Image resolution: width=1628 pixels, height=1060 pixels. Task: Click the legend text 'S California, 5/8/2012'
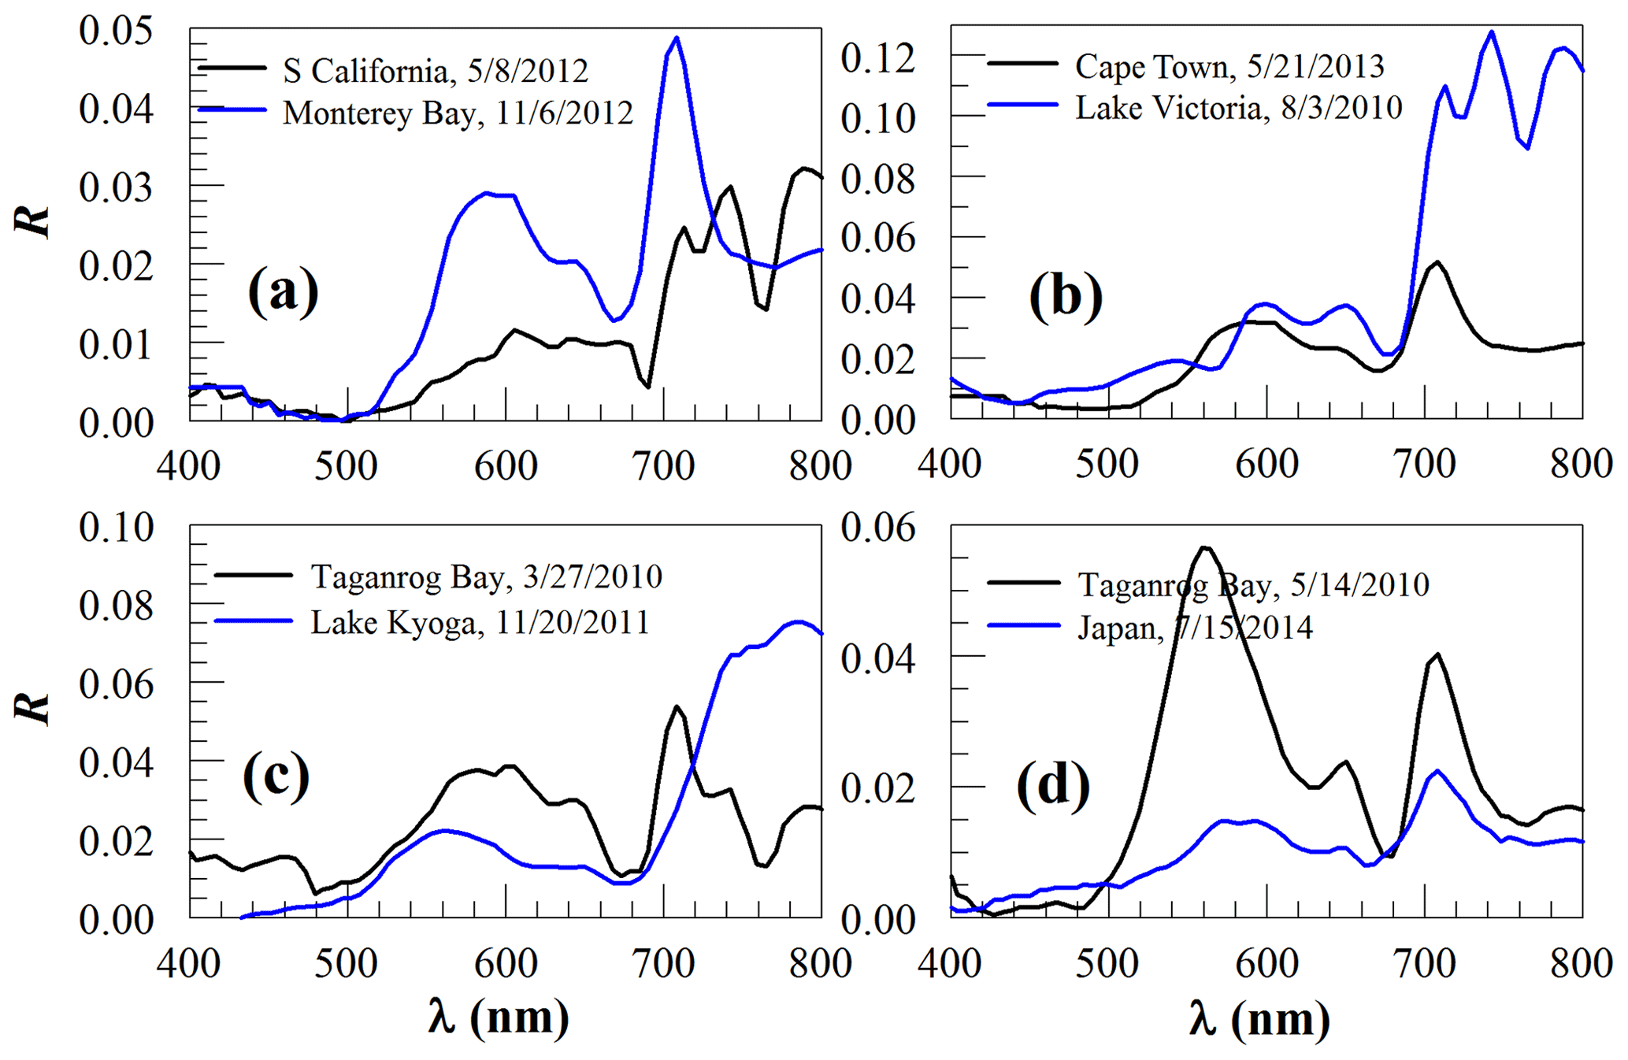(436, 72)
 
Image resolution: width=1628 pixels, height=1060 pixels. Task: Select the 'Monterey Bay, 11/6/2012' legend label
(458, 113)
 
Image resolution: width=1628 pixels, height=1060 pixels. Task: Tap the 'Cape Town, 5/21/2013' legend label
(1229, 67)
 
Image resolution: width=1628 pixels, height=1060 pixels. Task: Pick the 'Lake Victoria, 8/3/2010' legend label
(1239, 108)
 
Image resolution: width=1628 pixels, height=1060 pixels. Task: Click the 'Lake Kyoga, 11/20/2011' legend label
(480, 623)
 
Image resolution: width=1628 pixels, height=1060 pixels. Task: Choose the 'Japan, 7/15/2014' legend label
(1195, 628)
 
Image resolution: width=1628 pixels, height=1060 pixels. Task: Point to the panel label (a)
(283, 291)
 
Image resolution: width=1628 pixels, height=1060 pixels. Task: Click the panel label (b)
(1065, 297)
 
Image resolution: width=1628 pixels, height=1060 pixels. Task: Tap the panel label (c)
(276, 776)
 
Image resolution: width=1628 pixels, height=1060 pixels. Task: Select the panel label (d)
(1053, 787)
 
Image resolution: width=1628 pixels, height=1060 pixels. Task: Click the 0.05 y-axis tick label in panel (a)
(116, 32)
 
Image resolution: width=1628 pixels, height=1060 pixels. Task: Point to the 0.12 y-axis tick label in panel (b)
(878, 58)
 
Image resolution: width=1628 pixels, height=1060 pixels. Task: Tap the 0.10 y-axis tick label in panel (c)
(116, 528)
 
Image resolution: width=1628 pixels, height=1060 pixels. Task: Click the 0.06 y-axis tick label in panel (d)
(878, 528)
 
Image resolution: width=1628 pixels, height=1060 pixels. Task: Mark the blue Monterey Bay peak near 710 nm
(677, 38)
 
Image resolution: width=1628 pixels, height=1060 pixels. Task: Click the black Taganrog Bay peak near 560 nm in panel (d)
(1204, 547)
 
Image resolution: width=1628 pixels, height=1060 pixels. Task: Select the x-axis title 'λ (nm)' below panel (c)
(499, 1017)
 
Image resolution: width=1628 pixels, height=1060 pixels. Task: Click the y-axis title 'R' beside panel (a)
(33, 223)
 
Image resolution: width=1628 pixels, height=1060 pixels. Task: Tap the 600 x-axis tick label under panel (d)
(1266, 965)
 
